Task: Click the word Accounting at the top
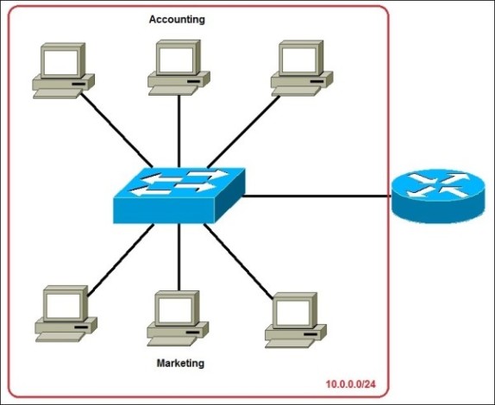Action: (x=177, y=19)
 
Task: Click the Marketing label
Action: (x=180, y=363)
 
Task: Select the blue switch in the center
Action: (x=179, y=195)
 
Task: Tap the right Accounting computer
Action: (x=302, y=66)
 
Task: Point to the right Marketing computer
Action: (x=296, y=319)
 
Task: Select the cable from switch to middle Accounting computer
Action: (x=179, y=129)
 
